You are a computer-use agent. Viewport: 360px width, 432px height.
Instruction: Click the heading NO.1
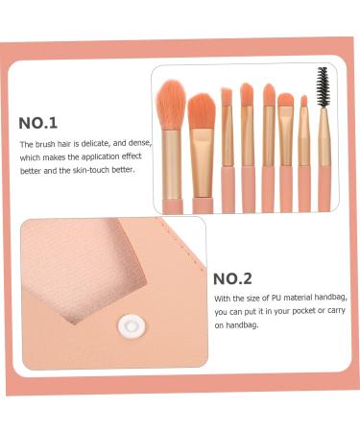(38, 123)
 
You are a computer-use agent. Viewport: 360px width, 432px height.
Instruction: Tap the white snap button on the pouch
(129, 327)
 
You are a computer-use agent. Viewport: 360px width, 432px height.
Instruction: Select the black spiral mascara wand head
(323, 86)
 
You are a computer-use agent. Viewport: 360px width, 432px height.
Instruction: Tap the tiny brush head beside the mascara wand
(304, 101)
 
